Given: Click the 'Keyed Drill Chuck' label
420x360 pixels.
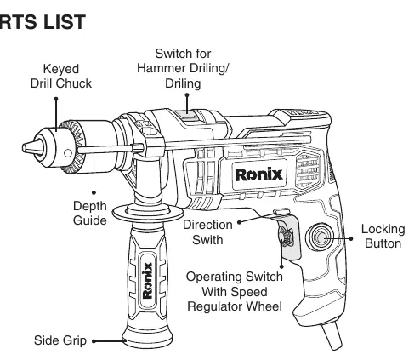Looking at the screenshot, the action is click(61, 76).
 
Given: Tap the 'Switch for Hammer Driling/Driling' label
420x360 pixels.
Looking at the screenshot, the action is click(183, 69).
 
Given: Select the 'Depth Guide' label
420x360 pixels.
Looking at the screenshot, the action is click(90, 213).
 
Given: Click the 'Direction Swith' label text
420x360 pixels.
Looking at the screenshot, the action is click(207, 232).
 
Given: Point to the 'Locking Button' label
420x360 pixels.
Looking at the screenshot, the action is click(383, 237).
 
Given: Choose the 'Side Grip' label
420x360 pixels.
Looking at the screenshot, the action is click(60, 340).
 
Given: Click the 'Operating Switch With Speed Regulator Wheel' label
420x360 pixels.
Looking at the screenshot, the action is click(235, 291).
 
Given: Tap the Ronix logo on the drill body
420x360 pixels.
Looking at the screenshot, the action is click(259, 174).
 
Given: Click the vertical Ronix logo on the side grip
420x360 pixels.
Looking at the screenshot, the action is click(147, 281).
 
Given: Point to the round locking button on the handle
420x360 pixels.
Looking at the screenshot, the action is click(320, 237).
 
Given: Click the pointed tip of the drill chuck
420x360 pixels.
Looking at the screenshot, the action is click(23, 148).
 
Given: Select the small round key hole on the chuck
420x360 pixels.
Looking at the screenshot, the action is click(68, 153).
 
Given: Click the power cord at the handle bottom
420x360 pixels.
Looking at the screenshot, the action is click(332, 335).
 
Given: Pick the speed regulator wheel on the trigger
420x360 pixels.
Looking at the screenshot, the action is click(287, 237).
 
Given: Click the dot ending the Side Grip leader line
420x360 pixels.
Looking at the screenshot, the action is click(94, 341).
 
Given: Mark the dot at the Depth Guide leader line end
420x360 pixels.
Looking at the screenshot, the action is click(94, 192).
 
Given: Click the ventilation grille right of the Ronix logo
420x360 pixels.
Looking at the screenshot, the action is click(308, 169).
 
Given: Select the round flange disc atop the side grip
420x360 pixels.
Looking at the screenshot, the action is click(148, 213).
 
